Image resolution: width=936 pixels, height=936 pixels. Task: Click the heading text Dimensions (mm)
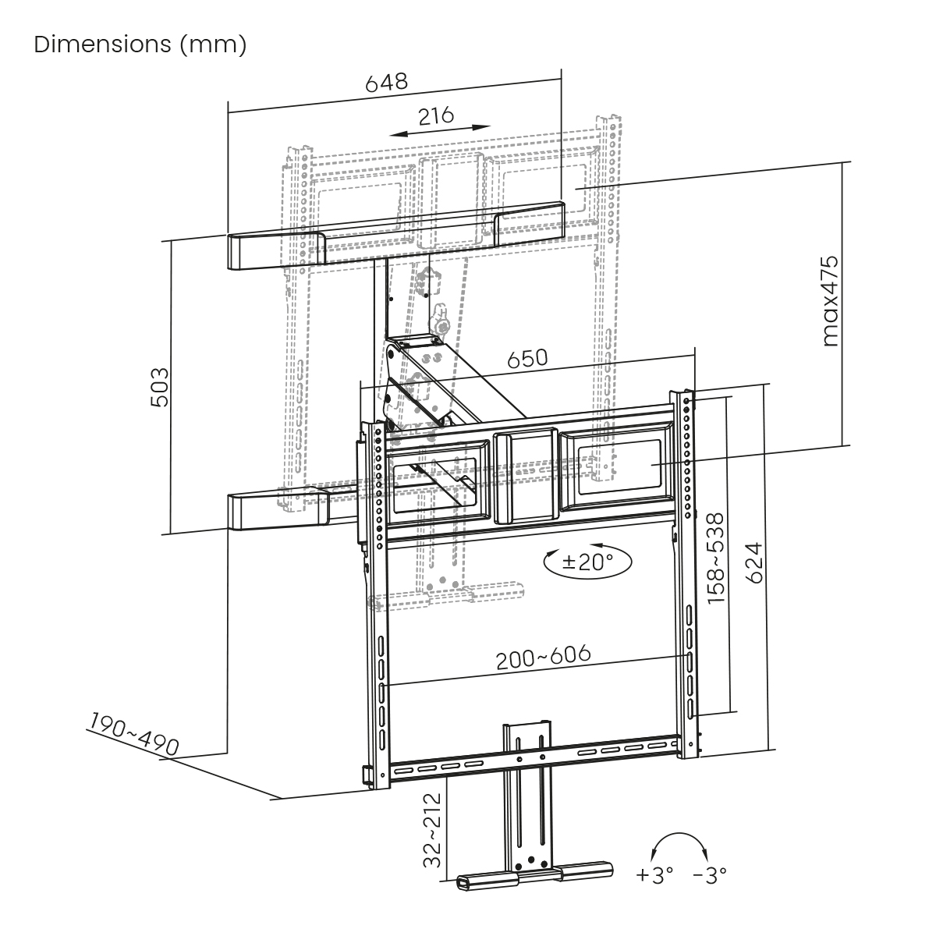click(140, 44)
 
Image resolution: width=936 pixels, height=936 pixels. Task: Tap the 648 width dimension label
click(387, 83)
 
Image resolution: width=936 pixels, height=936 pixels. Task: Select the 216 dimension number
click(436, 115)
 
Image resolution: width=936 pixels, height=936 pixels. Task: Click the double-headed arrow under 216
click(440, 131)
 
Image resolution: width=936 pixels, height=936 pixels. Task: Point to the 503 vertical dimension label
click(159, 387)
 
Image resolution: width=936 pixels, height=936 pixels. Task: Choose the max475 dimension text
click(830, 301)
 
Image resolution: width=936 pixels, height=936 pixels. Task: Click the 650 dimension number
click(527, 359)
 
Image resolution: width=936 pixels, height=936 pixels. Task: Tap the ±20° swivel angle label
click(588, 562)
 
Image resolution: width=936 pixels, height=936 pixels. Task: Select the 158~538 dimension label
click(715, 559)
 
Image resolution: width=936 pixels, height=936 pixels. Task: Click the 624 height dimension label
click(754, 563)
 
